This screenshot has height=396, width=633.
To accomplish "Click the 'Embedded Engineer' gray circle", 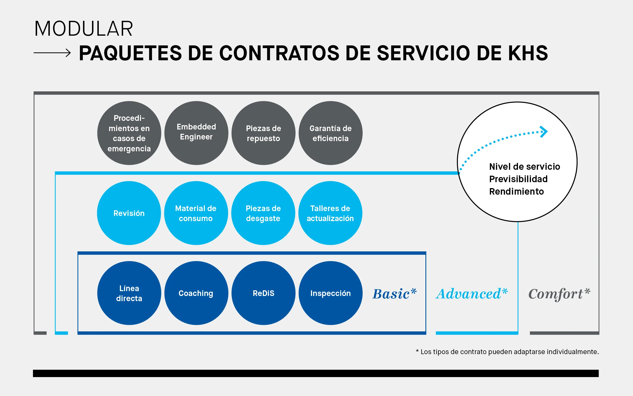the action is point(196,133).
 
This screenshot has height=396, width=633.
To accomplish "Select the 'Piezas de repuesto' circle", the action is point(263,133).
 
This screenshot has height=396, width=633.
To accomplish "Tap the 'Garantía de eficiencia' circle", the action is point(330,133).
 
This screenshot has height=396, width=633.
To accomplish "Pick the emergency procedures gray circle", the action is point(129,133).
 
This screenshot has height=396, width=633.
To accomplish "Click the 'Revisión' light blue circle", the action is point(129,213).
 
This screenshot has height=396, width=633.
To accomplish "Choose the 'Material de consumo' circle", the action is point(196,213).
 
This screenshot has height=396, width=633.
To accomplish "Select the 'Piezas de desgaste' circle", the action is point(263,213).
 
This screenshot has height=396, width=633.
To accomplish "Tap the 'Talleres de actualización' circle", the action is point(330,213).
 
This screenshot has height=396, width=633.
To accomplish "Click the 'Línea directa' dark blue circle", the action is point(129,293).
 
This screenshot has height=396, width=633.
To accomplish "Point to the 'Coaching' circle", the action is point(196,293).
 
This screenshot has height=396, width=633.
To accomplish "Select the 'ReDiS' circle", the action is point(263,293).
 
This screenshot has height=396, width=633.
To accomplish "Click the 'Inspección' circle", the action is point(330,293).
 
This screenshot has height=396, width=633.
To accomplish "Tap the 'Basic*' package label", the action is point(395,294).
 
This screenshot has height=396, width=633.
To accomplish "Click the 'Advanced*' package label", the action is point(472,294).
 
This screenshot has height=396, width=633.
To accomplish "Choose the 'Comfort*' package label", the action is point(559,294).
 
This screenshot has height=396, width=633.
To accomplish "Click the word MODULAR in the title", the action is point(84,29).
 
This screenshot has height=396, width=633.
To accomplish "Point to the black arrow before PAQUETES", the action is point(52,53).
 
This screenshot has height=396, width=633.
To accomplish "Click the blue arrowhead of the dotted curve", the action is point(544,132).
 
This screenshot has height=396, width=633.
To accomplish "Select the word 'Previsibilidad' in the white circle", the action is point(518,179).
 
